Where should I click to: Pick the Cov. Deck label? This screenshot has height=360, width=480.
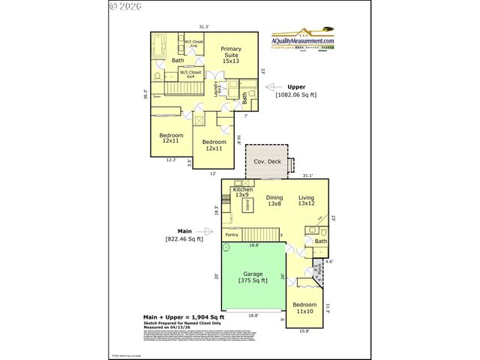[x=266, y=161]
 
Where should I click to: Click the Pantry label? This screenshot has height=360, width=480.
[x=232, y=235]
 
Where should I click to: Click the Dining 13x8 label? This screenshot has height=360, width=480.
[x=274, y=200]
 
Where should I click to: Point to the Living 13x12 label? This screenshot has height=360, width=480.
[x=305, y=200]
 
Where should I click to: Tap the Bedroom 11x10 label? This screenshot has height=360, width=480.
[x=304, y=307]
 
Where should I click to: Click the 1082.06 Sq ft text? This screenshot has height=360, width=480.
[x=297, y=95]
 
